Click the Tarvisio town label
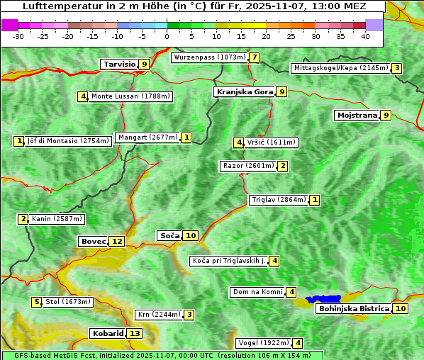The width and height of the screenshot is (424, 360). tap(119, 64)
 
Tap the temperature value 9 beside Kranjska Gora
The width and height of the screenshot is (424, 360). tap(281, 91)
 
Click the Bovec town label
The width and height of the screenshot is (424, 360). tap(93, 241)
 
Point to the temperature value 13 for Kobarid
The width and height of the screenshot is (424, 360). tap(134, 333)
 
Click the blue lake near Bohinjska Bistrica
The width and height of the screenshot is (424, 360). tap(323, 299)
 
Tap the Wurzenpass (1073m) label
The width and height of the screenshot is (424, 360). tap(210, 57)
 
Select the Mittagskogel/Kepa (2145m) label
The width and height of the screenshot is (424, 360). tap(340, 68)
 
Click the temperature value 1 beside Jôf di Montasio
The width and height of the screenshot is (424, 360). tap(19, 141)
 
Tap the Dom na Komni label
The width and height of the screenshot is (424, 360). tap(257, 292)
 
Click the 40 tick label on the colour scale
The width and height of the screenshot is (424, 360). tap(365, 36)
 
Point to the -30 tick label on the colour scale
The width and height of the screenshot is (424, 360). tap(18, 36)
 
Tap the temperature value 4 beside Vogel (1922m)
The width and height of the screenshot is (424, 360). tap(298, 343)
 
